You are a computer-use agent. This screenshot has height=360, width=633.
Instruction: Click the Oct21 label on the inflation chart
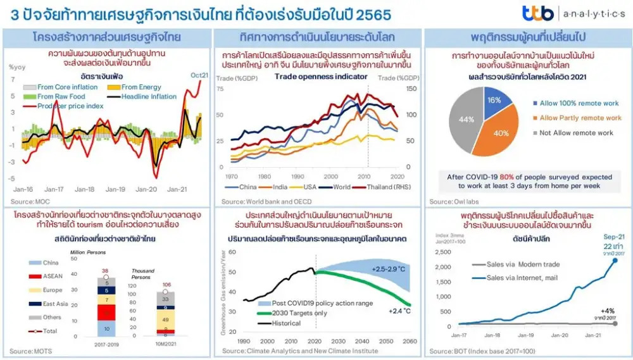200,75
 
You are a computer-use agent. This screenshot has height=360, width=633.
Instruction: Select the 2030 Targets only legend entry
296,313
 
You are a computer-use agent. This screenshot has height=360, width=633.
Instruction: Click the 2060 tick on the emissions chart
410,341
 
